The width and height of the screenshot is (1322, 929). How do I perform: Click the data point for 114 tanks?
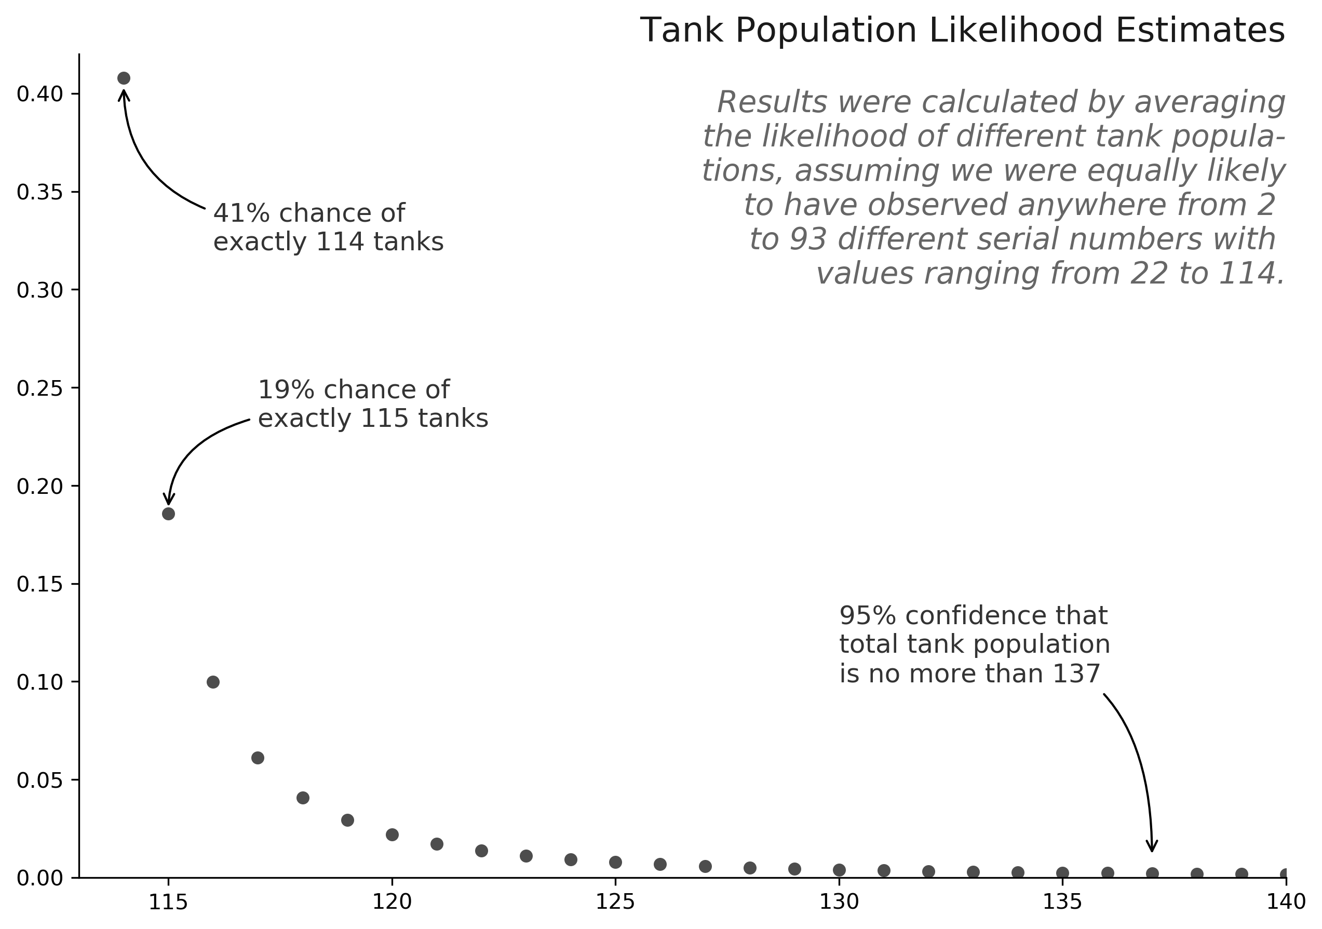124,78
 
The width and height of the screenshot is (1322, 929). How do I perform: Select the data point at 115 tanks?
168,514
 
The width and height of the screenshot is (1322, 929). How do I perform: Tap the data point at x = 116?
213,682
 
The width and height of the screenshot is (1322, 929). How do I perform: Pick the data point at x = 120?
392,834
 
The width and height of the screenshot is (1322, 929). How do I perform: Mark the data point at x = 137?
1152,873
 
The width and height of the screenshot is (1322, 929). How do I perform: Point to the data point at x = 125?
615,862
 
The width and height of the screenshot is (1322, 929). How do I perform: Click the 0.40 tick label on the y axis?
39,95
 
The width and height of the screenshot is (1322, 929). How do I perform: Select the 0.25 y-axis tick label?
39,389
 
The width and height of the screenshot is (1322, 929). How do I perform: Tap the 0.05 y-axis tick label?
39,781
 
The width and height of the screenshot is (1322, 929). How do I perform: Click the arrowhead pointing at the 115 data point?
168,500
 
